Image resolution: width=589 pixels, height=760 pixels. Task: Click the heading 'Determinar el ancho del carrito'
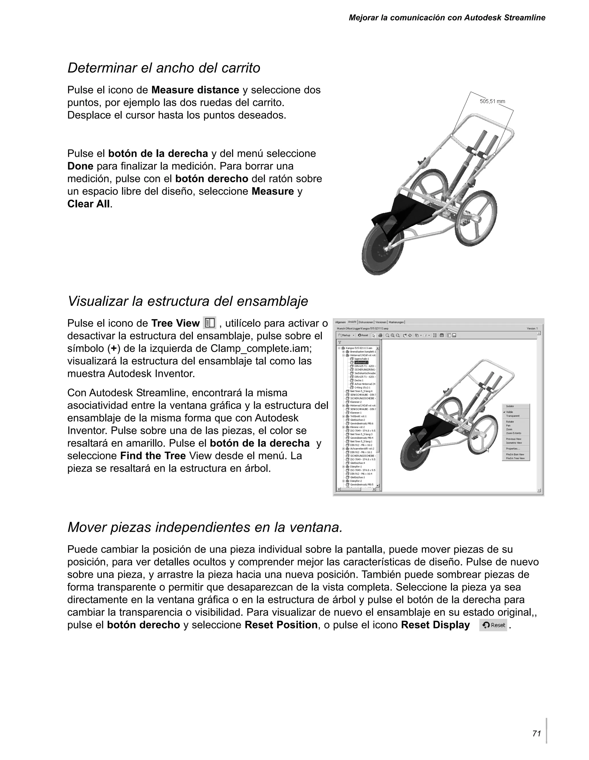click(164, 68)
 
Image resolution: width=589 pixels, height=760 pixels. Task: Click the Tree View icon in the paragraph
click(209, 323)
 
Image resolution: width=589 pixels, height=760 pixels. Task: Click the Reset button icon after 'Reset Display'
click(493, 625)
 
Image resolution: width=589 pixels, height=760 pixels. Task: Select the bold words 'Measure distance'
click(195, 90)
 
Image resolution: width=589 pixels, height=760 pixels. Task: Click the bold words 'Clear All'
click(88, 204)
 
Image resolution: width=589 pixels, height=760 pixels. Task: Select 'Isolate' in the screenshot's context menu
click(510, 406)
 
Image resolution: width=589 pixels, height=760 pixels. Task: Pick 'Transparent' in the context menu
click(513, 416)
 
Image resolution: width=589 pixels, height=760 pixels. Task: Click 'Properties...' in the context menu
click(513, 448)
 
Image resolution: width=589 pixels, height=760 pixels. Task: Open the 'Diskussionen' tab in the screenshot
click(366, 322)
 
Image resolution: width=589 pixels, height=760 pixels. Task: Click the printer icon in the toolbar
click(380, 335)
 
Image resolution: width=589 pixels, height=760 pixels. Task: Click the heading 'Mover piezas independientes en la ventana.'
click(205, 527)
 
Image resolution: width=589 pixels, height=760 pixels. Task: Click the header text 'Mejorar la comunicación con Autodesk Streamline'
click(447, 18)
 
